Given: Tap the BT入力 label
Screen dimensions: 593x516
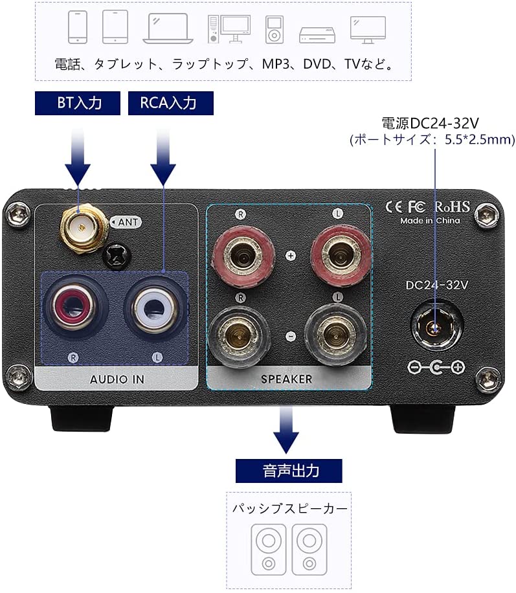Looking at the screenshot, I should click(77, 102).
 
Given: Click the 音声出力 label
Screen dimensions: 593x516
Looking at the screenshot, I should click(288, 470).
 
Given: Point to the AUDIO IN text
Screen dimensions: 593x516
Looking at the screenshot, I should click(117, 379).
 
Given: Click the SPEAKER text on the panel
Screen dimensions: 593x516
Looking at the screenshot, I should click(286, 379).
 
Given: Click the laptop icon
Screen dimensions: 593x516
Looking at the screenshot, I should click(168, 29).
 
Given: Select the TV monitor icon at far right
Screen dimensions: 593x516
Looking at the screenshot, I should click(368, 29).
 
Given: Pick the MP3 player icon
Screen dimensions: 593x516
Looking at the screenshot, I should click(275, 29).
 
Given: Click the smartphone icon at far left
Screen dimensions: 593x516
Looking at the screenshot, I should click(78, 28).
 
